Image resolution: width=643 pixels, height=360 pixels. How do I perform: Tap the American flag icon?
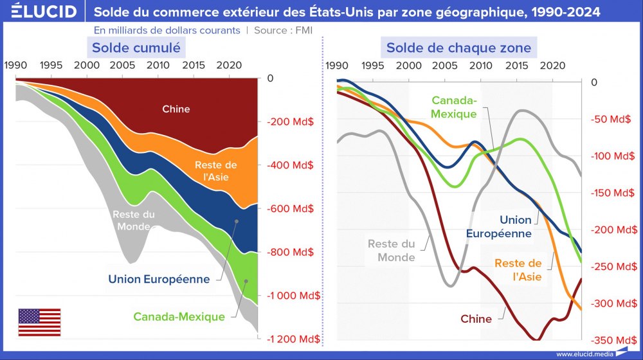[x=39, y=322]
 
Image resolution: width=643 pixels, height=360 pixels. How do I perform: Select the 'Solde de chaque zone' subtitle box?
[x=458, y=48]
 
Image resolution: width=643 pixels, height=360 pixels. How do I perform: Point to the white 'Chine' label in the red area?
[x=176, y=109]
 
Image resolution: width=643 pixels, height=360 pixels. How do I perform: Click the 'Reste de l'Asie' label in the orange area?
[x=215, y=171]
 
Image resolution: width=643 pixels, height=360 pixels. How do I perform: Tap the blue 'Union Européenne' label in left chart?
[x=159, y=279]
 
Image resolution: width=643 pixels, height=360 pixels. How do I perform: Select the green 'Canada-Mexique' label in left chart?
[x=179, y=316]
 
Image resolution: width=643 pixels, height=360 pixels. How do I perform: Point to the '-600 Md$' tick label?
[x=291, y=208]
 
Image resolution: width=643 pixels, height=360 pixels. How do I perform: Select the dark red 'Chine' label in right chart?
[x=476, y=319]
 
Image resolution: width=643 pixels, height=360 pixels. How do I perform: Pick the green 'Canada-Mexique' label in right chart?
[x=454, y=107]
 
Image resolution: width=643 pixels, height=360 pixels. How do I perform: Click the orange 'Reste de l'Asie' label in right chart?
[x=518, y=270]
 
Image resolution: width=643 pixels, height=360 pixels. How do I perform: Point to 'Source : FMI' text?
[x=283, y=30]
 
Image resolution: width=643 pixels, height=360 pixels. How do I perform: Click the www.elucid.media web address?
[x=584, y=354]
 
